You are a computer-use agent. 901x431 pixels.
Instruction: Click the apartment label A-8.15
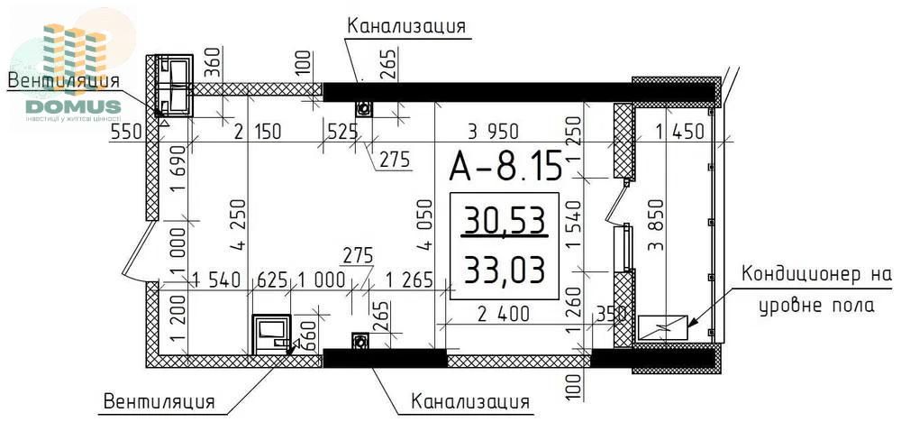[505, 166]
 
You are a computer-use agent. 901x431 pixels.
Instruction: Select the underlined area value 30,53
[504, 219]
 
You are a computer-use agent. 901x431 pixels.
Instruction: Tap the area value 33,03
[504, 268]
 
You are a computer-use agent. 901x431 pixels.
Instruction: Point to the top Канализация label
[406, 25]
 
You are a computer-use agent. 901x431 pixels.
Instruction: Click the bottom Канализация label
[470, 399]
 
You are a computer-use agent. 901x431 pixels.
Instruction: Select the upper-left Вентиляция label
[63, 80]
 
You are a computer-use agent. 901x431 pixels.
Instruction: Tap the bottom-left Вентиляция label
[159, 400]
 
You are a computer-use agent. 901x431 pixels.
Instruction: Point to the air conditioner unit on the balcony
[661, 328]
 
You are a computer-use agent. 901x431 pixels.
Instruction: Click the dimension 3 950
[497, 132]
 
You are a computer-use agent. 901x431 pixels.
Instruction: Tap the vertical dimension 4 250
[237, 225]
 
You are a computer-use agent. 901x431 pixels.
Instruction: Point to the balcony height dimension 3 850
[657, 225]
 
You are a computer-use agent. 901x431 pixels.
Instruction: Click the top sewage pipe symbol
[364, 109]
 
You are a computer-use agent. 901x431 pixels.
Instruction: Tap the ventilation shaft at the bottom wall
[270, 335]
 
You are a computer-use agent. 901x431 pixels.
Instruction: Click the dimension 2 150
[256, 132]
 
